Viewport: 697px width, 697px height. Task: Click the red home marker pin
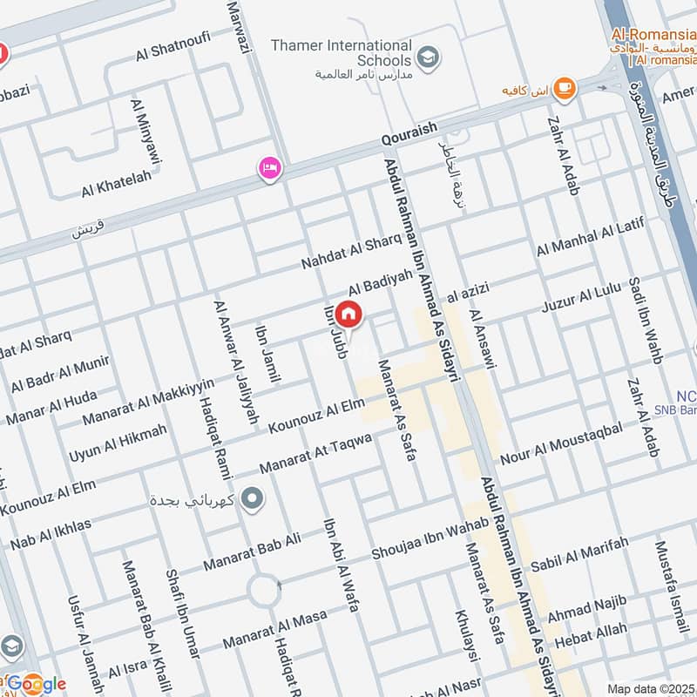click(348, 315)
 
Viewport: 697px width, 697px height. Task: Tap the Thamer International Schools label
click(353, 52)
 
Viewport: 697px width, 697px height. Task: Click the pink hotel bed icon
click(269, 168)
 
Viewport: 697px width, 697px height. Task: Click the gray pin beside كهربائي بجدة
click(253, 498)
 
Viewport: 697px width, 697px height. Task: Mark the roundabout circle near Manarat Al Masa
click(263, 592)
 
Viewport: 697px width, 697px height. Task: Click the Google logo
click(35, 684)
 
